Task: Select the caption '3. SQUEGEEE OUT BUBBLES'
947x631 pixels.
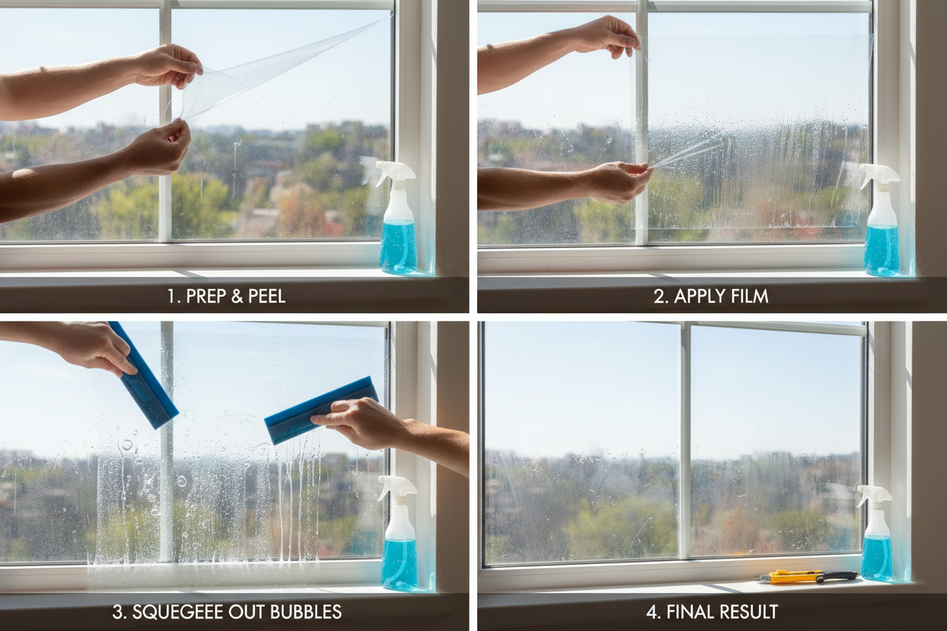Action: [227, 611]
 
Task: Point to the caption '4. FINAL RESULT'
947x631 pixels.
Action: [713, 611]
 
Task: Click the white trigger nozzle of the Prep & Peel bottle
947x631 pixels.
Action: [395, 172]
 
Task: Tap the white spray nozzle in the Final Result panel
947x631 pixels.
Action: [873, 494]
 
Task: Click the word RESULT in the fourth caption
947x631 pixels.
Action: [748, 611]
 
